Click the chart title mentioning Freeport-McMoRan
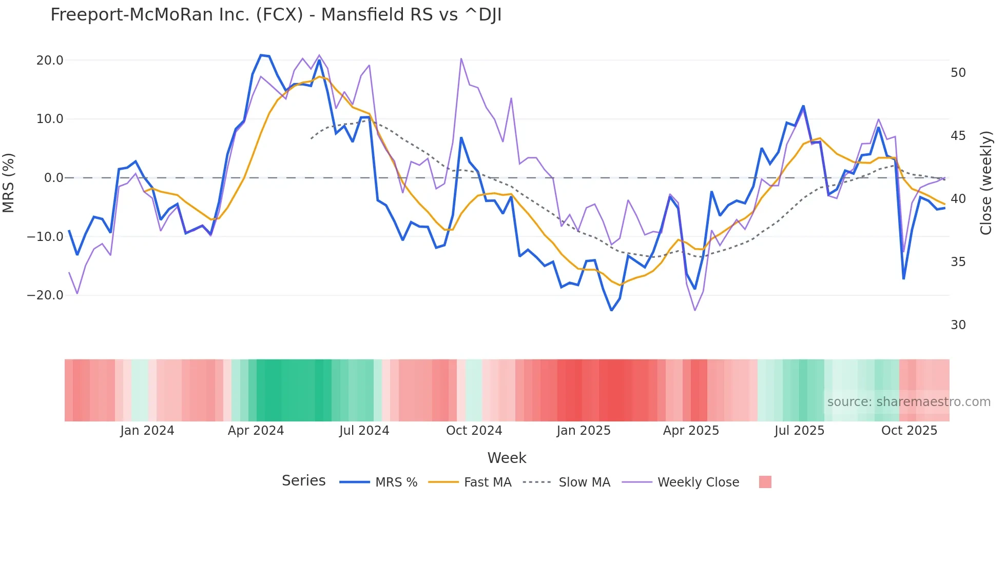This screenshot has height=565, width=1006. [276, 15]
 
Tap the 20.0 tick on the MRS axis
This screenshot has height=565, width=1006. [50, 60]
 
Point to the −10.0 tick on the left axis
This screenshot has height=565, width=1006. [45, 237]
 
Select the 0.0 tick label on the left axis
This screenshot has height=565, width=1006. [53, 178]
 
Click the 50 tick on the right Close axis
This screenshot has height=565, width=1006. [958, 73]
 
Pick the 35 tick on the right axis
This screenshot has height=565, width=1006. [958, 262]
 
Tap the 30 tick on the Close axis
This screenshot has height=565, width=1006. [958, 325]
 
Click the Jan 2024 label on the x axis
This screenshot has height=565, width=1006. [147, 431]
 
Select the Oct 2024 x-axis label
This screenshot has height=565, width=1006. [474, 431]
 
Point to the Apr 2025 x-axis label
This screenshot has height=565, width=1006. [691, 431]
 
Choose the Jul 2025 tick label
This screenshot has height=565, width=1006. [799, 431]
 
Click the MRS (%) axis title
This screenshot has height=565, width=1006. [9, 183]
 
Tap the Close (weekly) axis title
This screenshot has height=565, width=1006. [986, 183]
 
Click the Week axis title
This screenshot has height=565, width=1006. [507, 458]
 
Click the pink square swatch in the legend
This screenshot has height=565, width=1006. [765, 482]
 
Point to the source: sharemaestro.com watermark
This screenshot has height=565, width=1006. [908, 402]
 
